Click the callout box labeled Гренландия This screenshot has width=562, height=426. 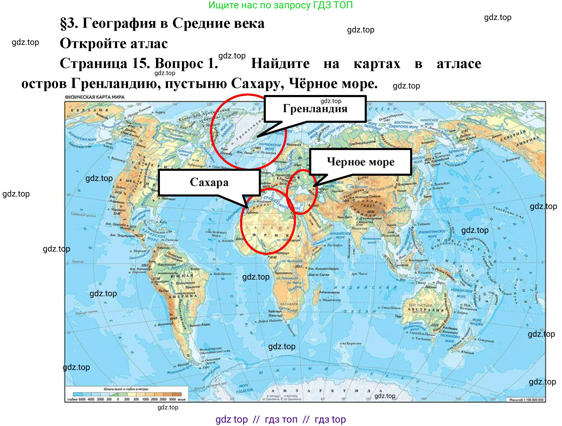[315, 109]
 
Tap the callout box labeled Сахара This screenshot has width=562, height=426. [209, 182]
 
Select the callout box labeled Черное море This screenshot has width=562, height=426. [361, 162]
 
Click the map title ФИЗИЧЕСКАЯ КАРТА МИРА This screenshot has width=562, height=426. [95, 97]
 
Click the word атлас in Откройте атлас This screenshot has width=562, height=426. [149, 43]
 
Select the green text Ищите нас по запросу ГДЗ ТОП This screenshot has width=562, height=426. [281, 5]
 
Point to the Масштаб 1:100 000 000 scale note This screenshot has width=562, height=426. [526, 400]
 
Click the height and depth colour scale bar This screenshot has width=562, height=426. [127, 394]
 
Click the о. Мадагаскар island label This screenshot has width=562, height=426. [330, 300]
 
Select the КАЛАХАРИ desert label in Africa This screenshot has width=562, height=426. [289, 303]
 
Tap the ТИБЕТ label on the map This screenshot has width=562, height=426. [368, 205]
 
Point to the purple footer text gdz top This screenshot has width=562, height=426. [232, 419]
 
